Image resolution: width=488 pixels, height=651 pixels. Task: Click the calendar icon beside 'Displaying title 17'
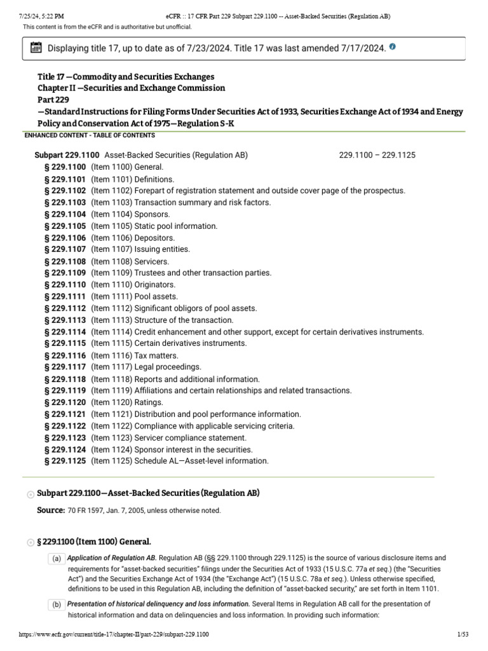pyautogui.click(x=36, y=48)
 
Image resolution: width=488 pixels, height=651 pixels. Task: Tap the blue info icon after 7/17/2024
pyautogui.click(x=392, y=47)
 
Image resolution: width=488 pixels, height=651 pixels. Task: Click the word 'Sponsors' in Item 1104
pyautogui.click(x=152, y=214)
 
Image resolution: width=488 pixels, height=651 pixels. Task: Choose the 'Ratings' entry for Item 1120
pyautogui.click(x=149, y=402)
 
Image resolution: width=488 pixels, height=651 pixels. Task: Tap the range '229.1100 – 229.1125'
pyautogui.click(x=377, y=155)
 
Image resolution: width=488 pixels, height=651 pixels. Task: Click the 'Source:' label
pyautogui.click(x=51, y=511)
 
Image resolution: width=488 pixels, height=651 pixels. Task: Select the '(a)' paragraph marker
pyautogui.click(x=56, y=558)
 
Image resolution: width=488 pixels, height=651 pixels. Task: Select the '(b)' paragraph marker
pyautogui.click(x=56, y=604)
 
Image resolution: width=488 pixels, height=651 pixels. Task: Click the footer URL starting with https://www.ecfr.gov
pyautogui.click(x=114, y=635)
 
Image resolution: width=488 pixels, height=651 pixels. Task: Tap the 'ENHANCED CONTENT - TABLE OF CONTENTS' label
pyautogui.click(x=89, y=135)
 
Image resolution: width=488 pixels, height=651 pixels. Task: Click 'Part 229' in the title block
pyautogui.click(x=52, y=100)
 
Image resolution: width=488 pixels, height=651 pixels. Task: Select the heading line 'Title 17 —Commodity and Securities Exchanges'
pyautogui.click(x=126, y=76)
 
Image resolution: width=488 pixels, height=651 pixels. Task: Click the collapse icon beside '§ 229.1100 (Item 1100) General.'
pyautogui.click(x=30, y=542)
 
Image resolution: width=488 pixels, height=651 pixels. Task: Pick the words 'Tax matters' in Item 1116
pyautogui.click(x=156, y=355)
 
